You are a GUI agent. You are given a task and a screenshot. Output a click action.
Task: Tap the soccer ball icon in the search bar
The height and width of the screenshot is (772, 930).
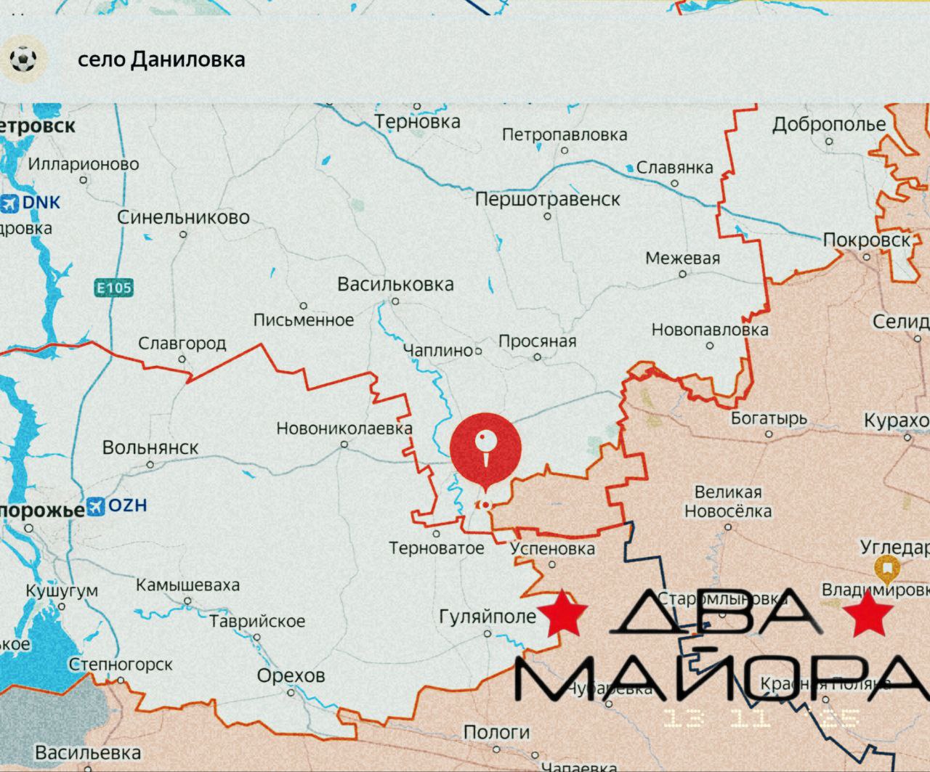(23, 59)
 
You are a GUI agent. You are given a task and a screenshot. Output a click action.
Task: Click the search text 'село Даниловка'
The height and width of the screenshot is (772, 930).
(161, 60)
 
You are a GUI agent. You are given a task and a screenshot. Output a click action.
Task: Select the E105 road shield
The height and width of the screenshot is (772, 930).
(114, 288)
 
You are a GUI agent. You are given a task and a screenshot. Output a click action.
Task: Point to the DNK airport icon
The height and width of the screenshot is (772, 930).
(10, 203)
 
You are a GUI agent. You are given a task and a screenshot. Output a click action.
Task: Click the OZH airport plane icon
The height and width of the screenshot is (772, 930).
(96, 506)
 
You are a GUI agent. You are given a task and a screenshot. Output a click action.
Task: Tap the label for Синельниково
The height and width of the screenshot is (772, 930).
(183, 217)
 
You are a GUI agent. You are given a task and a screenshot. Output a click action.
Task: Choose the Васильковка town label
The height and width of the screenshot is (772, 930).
(395, 284)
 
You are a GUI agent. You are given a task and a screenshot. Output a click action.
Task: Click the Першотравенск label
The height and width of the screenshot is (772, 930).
(547, 199)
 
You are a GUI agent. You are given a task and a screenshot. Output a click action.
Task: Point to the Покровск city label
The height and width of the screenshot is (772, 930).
(866, 240)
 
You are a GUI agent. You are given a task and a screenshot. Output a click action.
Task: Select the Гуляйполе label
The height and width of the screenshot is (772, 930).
(488, 617)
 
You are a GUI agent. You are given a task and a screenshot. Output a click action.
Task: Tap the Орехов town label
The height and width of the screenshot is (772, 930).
(291, 675)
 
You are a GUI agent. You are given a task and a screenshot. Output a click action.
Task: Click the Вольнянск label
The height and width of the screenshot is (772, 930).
(150, 447)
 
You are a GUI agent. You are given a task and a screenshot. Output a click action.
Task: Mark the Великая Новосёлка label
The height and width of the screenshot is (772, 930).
(728, 502)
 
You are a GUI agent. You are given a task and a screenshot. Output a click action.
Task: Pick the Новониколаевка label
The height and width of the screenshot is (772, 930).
(344, 428)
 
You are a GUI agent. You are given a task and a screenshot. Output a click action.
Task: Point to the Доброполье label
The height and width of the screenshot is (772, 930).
(828, 124)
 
